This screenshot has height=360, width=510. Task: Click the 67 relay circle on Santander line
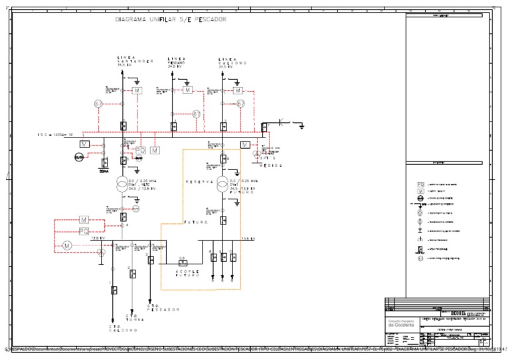(98, 104)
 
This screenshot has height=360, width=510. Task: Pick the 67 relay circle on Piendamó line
(197, 114)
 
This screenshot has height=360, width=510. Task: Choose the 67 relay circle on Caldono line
(241, 104)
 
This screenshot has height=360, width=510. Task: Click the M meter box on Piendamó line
(187, 90)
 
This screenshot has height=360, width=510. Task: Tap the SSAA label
(104, 170)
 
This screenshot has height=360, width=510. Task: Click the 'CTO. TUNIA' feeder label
(135, 317)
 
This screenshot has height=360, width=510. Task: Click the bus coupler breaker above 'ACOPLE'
(174, 262)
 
